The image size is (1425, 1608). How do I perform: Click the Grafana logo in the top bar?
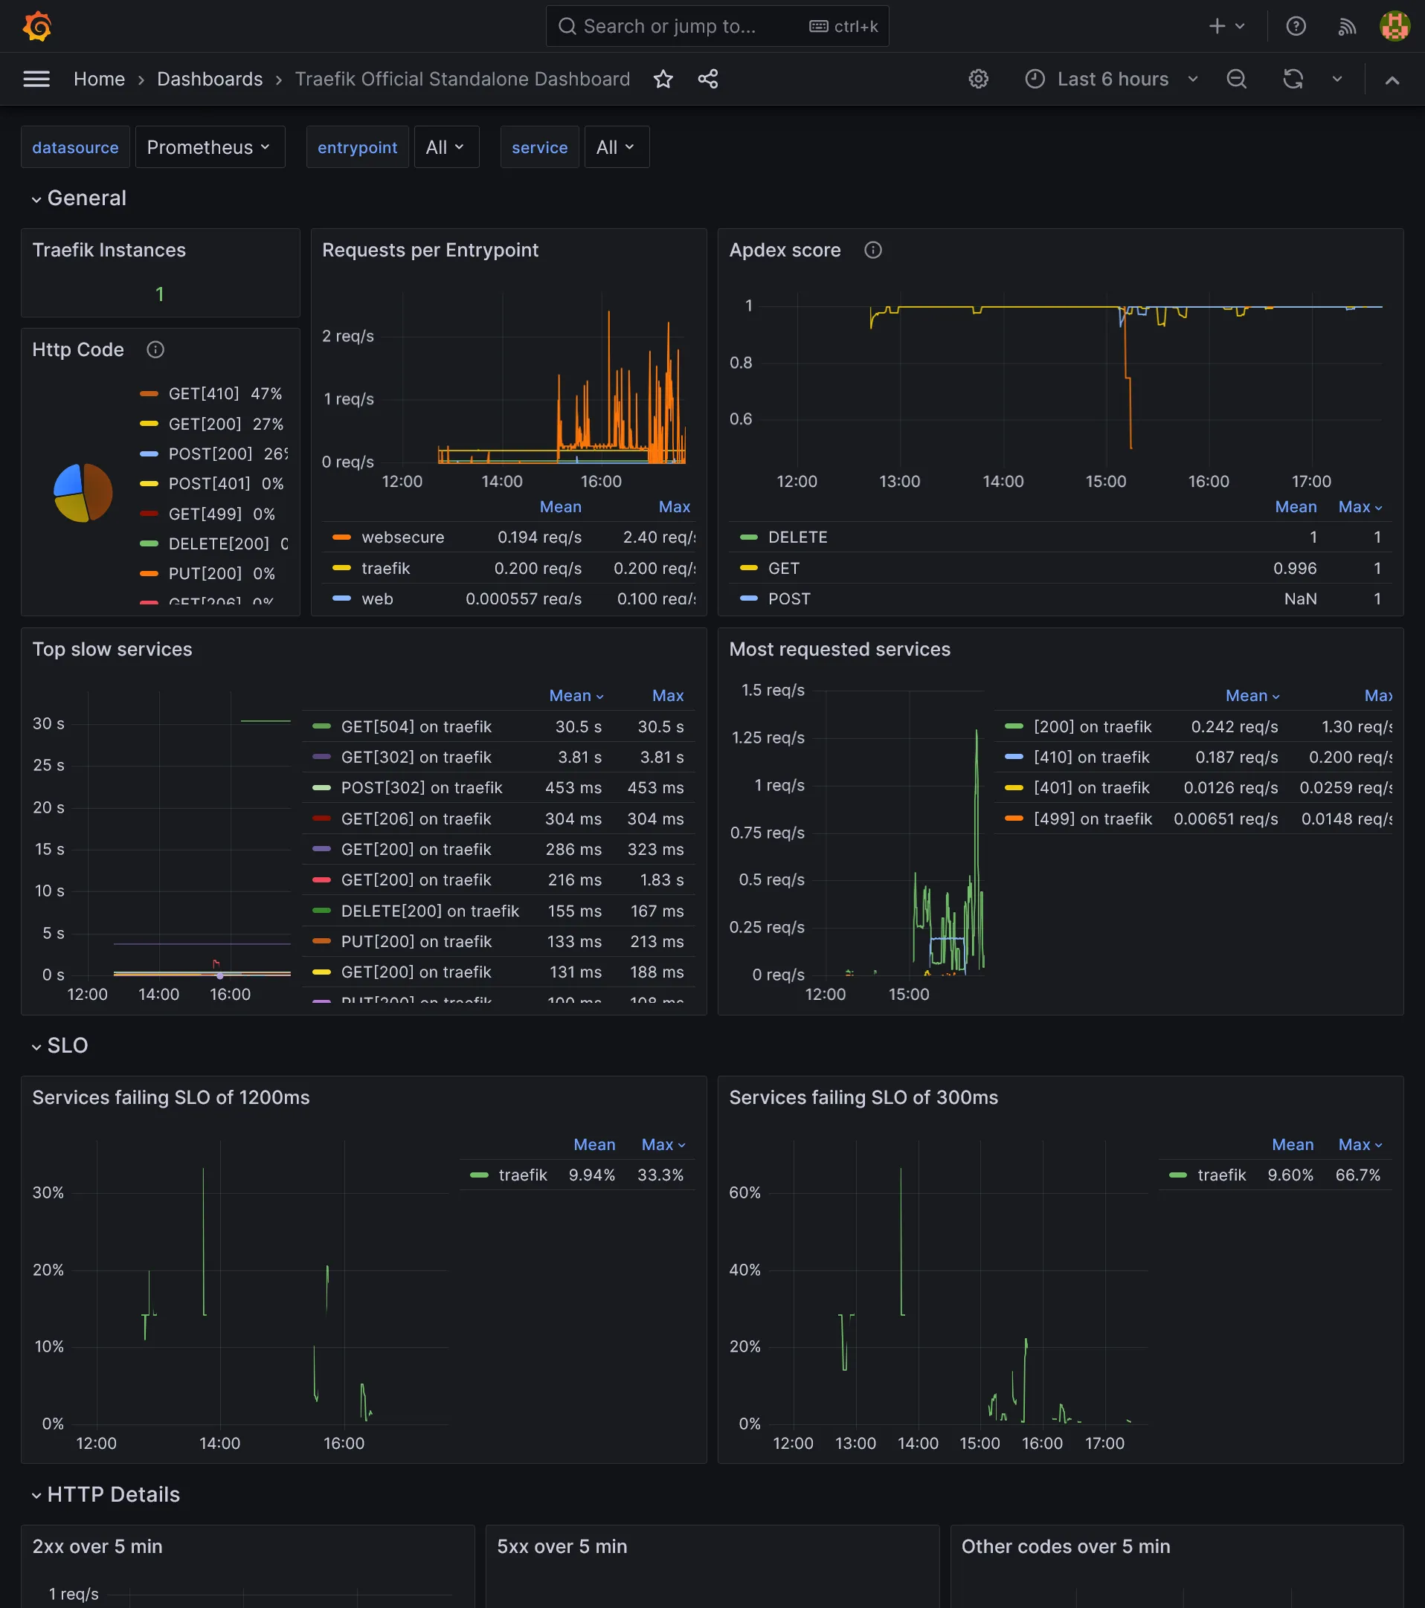tap(37, 26)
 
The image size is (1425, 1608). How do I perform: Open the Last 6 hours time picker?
tap(1111, 79)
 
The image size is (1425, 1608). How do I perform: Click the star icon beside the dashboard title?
tap(663, 79)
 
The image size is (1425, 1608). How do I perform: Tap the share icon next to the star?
tap(707, 79)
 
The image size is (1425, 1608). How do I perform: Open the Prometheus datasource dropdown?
tap(208, 147)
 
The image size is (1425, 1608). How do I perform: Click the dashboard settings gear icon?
tap(978, 79)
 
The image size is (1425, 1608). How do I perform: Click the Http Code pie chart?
tap(83, 492)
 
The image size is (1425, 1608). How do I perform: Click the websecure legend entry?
tap(402, 537)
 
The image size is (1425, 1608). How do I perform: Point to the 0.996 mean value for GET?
tap(1294, 568)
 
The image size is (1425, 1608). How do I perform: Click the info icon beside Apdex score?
tap(872, 251)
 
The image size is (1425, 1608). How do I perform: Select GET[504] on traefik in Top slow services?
tap(416, 727)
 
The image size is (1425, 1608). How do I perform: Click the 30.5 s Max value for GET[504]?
tap(660, 727)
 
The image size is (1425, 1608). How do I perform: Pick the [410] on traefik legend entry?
tap(1090, 758)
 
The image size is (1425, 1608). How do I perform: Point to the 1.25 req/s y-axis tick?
tap(768, 738)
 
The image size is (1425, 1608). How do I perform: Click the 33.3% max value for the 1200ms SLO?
tap(660, 1175)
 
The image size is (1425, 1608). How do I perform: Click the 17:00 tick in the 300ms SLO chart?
tap(1104, 1444)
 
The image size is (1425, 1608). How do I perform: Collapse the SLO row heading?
tap(67, 1045)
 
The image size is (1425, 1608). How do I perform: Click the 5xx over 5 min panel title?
tap(562, 1546)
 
